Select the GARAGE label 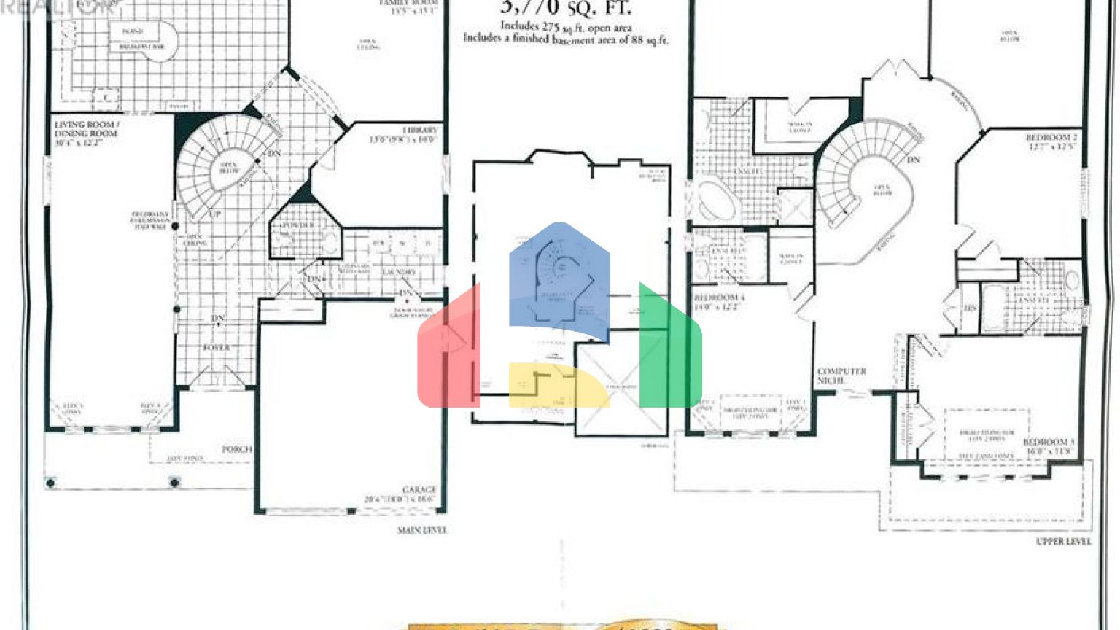click(x=419, y=490)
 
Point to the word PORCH click(x=236, y=449)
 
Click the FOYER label click(x=216, y=349)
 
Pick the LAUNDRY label click(x=398, y=272)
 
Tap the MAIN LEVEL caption click(x=422, y=530)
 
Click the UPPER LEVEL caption click(x=1064, y=542)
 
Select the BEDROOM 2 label click(x=1051, y=137)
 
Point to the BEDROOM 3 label click(x=1048, y=443)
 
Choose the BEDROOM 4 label click(x=719, y=298)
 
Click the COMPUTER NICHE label click(x=841, y=376)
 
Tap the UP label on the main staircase click(x=215, y=214)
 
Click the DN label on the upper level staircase click(x=914, y=160)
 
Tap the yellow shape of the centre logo click(x=558, y=386)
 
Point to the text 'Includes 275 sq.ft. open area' click(x=566, y=27)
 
